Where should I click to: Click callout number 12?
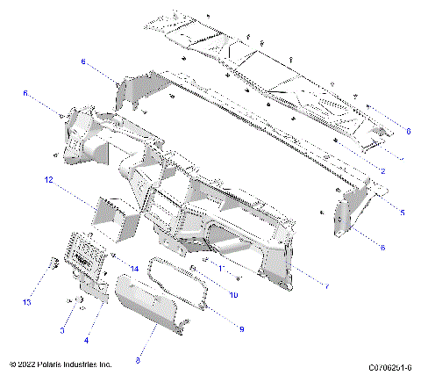click(x=50, y=179)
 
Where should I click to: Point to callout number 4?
click(x=85, y=339)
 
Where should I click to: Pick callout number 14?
click(x=134, y=268)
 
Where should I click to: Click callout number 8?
click(x=139, y=358)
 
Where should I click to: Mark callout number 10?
click(x=233, y=295)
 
